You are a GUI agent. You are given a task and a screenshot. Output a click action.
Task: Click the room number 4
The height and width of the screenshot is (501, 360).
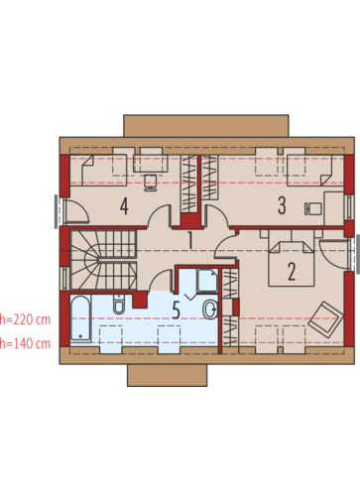124,205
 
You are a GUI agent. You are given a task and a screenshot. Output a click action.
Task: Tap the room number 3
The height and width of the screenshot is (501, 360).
282,205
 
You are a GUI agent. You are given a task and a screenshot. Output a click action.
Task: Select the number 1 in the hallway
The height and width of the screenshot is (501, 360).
190,240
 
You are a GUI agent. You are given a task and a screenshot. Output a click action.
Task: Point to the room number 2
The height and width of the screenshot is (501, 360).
292,272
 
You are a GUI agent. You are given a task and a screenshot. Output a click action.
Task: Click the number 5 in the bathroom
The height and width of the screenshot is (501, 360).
177,311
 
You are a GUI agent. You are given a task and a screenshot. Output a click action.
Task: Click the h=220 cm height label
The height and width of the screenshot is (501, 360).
25,319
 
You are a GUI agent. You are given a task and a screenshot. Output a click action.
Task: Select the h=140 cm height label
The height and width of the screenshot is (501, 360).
25,343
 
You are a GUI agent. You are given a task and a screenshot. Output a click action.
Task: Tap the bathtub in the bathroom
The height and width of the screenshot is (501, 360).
80,318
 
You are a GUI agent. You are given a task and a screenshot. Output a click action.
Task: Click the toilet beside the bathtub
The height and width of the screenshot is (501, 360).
119,305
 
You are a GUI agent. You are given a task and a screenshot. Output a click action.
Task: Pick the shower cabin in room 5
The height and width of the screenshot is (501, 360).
207,281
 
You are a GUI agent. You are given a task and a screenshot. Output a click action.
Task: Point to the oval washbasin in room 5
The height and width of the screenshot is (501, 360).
210,310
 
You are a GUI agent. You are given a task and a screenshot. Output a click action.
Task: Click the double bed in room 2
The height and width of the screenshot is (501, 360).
291,261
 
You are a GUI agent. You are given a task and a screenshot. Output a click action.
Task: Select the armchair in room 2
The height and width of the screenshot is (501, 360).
324,319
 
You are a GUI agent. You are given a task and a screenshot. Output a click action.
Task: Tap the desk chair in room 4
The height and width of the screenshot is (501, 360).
151,183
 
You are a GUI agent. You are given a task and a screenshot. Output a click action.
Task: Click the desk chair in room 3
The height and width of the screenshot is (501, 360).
312,208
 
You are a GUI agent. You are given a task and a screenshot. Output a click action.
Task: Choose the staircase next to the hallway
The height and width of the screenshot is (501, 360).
103,260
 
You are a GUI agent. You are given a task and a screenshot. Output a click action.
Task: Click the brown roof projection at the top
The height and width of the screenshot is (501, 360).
206,126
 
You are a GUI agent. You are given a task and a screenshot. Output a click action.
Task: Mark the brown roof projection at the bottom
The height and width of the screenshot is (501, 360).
168,375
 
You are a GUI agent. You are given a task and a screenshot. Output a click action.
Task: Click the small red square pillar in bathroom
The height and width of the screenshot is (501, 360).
140,301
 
